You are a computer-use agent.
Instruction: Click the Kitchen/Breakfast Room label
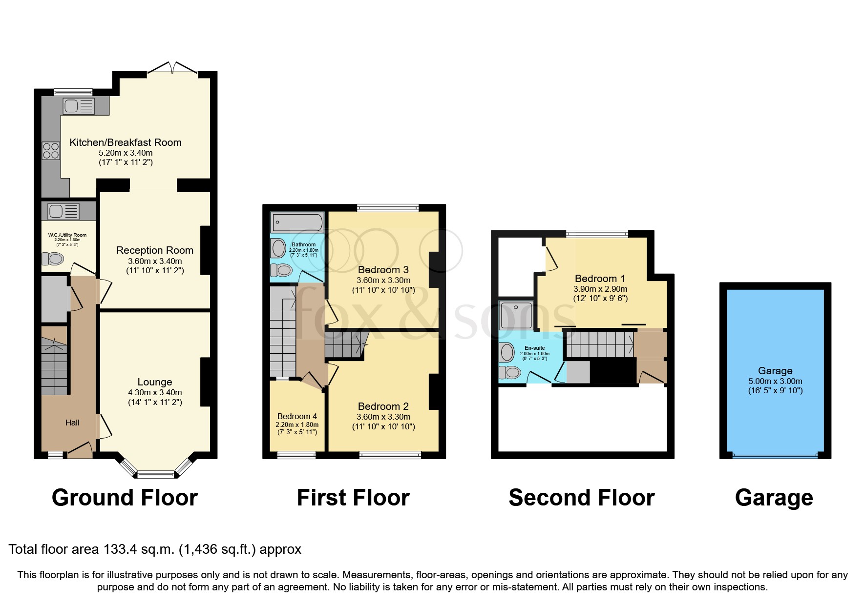pyautogui.click(x=126, y=142)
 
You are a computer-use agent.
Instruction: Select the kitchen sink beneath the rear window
pyautogui.click(x=78, y=106)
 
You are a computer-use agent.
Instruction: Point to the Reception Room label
pyautogui.click(x=155, y=250)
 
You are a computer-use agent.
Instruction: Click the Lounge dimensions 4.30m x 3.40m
pyautogui.click(x=155, y=392)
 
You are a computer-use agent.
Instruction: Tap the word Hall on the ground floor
pyautogui.click(x=72, y=423)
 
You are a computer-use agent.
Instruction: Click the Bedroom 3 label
pyautogui.click(x=383, y=270)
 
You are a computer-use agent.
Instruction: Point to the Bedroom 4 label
pyautogui.click(x=297, y=416)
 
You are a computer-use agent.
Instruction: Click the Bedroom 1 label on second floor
pyautogui.click(x=600, y=279)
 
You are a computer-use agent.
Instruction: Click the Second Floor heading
pyautogui.click(x=581, y=498)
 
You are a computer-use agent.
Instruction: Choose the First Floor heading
pyautogui.click(x=353, y=498)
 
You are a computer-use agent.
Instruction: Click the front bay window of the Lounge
pyautogui.click(x=155, y=473)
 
